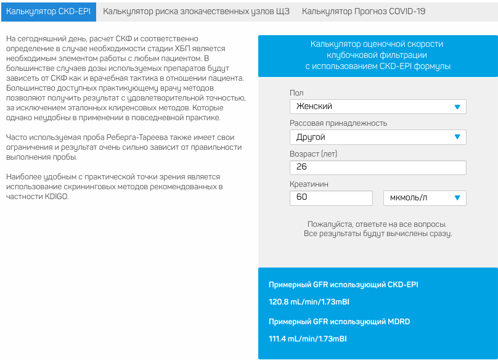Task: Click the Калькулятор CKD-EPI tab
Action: click(x=49, y=11)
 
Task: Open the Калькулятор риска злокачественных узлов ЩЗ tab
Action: click(x=196, y=11)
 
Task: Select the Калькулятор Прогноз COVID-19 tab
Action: click(x=364, y=11)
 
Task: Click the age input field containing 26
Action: click(x=377, y=167)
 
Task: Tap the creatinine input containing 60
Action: click(x=330, y=198)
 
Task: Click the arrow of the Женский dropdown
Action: click(x=457, y=107)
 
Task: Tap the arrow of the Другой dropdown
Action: click(x=457, y=137)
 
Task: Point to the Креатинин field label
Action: click(x=309, y=184)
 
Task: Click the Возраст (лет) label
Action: click(x=314, y=153)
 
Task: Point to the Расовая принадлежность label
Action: click(x=338, y=123)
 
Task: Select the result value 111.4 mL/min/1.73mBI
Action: click(x=308, y=339)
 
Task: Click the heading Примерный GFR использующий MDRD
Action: click(x=340, y=321)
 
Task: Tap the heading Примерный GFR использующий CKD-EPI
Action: click(x=343, y=284)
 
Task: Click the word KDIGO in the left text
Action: click(x=57, y=197)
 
